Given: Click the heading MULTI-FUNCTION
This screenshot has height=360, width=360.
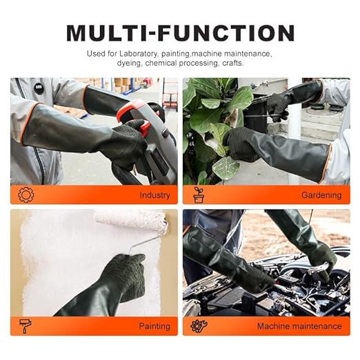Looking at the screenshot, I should pyautogui.click(x=180, y=32).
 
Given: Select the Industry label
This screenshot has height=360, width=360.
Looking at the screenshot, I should pyautogui.click(x=154, y=195).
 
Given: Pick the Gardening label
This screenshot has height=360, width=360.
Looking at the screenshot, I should pyautogui.click(x=321, y=195).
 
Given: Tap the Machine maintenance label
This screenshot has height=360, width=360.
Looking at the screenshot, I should pyautogui.click(x=299, y=326).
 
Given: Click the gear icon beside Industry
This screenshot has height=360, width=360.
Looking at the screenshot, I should pyautogui.click(x=26, y=194).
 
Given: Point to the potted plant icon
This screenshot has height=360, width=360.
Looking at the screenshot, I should pyautogui.click(x=199, y=194).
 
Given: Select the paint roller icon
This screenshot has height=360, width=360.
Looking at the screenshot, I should pyautogui.click(x=26, y=326).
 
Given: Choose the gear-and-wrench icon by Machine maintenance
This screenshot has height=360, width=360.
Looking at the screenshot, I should pyautogui.click(x=199, y=326).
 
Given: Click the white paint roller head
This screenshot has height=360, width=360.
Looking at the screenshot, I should pyautogui.click(x=131, y=220).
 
